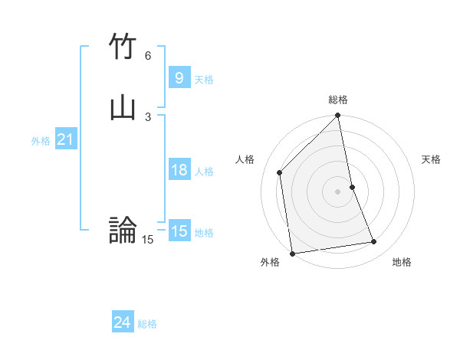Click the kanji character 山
pos(123,108)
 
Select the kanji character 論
pos(123,229)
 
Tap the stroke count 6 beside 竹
pos(148,55)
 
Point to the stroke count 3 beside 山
pos(148,116)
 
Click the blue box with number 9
pos(179,77)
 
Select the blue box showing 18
pos(179,170)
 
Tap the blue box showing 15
pos(179,231)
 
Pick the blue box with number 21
pos(65,139)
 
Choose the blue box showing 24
pos(122,322)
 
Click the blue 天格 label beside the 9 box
pos(204,79)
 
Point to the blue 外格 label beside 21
pos(41,141)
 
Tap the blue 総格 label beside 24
pos(147,324)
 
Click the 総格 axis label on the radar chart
pos(338,100)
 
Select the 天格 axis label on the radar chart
pos(431,159)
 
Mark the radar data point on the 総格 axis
pos(338,116)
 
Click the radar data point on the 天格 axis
pos(353,186)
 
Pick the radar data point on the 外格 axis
pos(292,253)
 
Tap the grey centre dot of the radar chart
pos(338,191)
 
